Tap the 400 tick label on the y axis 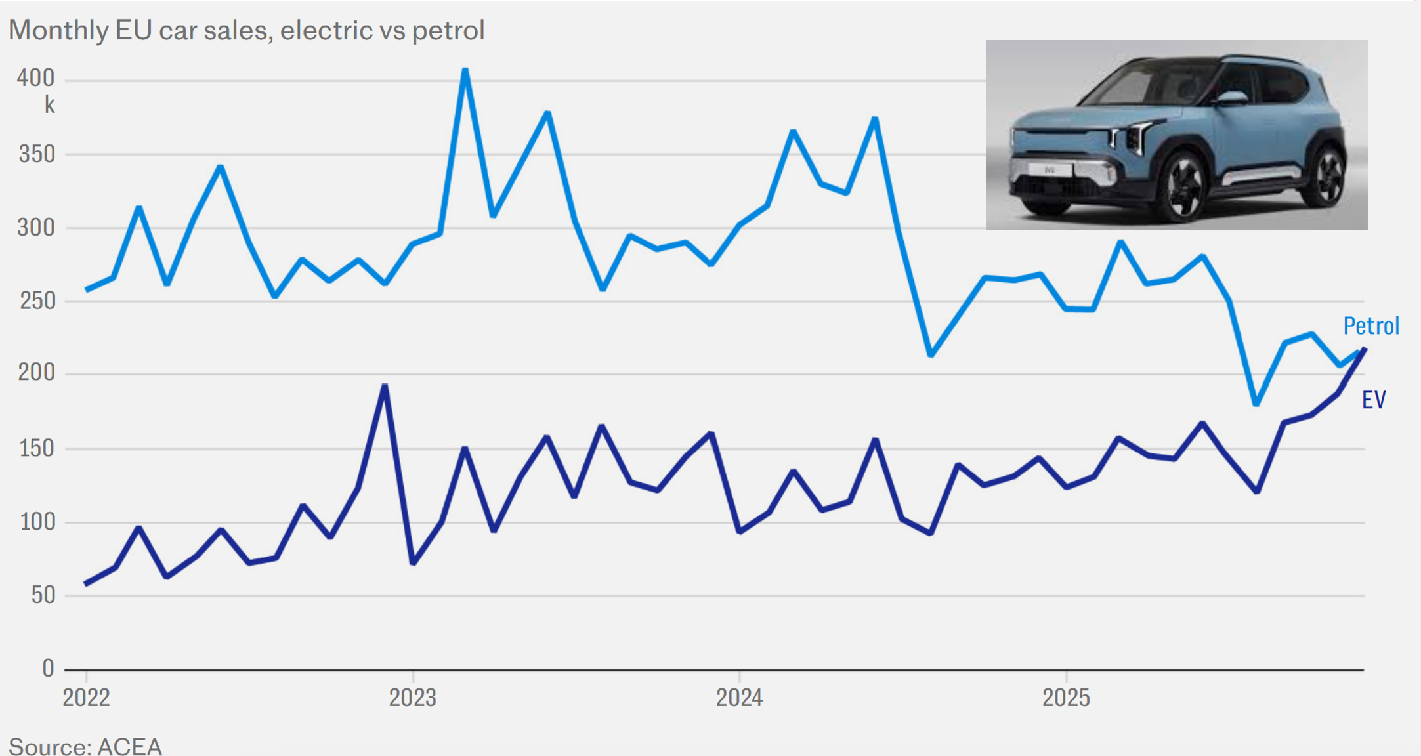[x=35, y=78]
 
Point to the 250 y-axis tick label [x=37, y=301]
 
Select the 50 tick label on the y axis [x=43, y=595]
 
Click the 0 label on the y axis [x=48, y=668]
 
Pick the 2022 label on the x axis [x=86, y=698]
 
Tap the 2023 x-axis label [x=412, y=698]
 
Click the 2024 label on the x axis [x=739, y=698]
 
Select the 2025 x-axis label [x=1066, y=698]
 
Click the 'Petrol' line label [x=1371, y=325]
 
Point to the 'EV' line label [x=1374, y=400]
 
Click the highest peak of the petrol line [x=465, y=70]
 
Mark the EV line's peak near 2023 [x=385, y=385]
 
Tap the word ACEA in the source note [x=129, y=747]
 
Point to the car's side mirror [x=1231, y=98]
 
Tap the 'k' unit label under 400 [x=49, y=104]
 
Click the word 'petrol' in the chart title [x=448, y=30]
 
